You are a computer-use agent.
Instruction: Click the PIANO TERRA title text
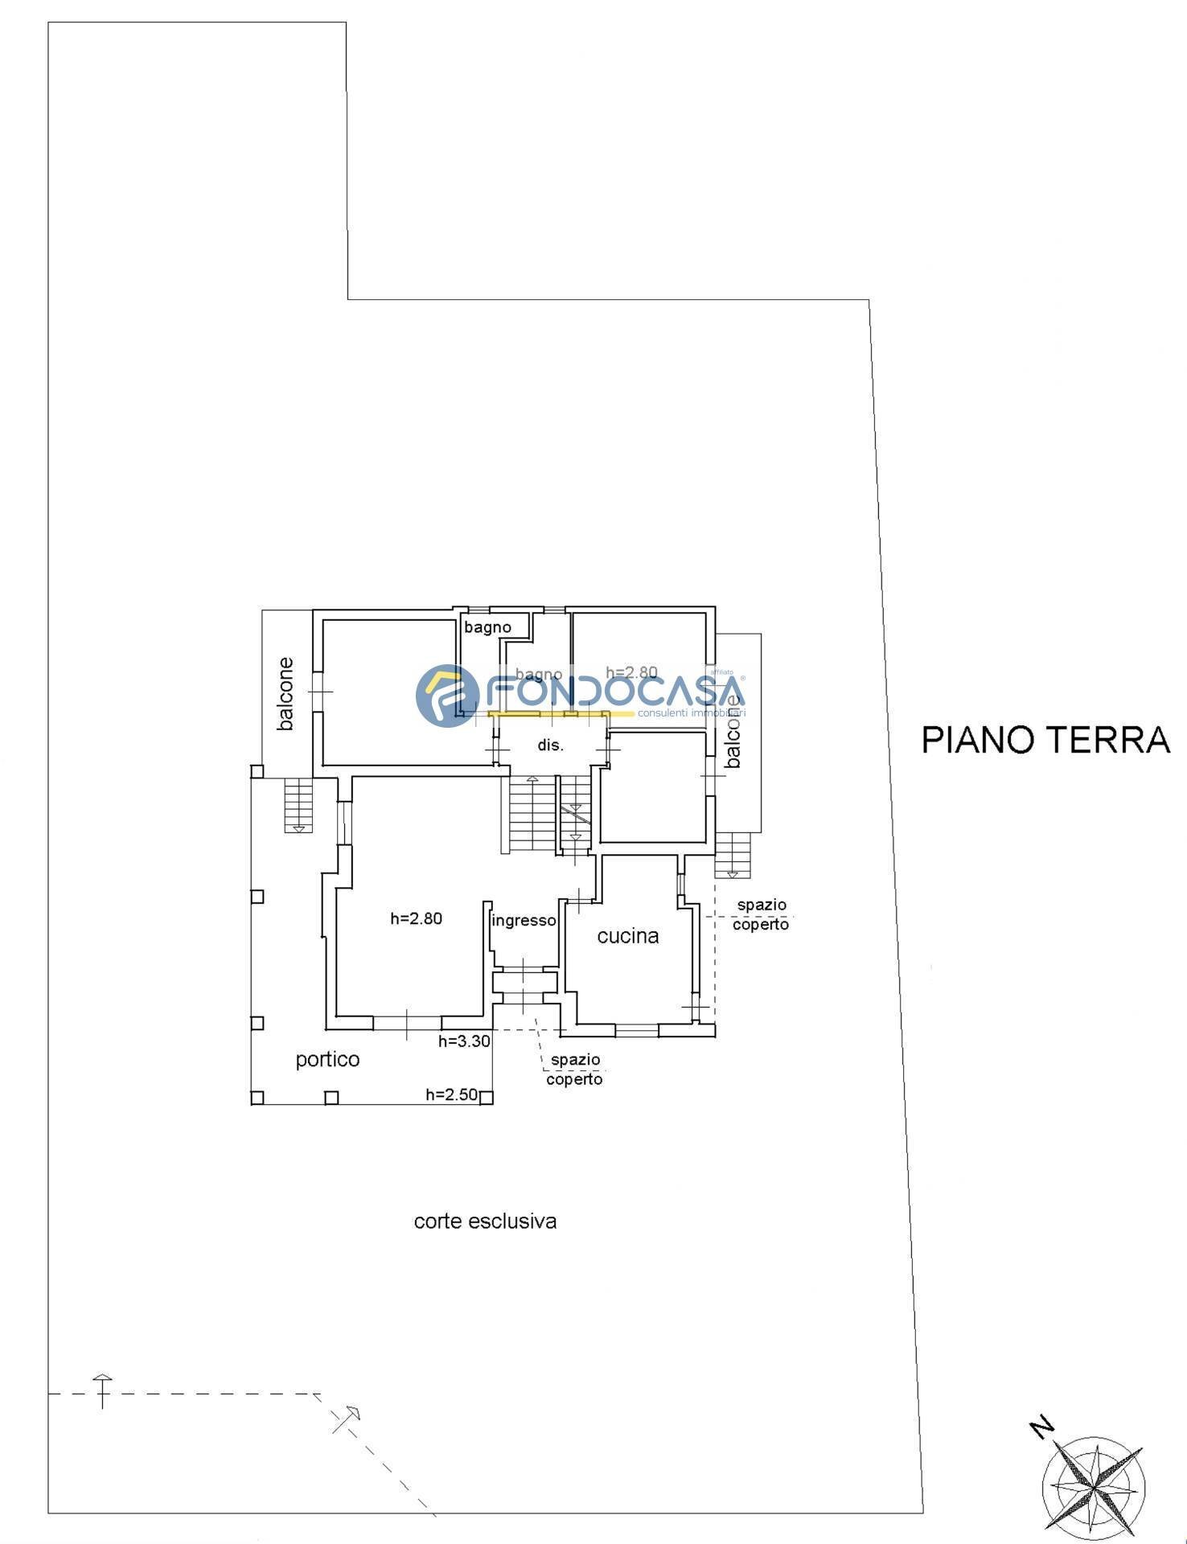pyautogui.click(x=1045, y=740)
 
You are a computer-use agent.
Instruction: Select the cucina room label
pyautogui.click(x=628, y=935)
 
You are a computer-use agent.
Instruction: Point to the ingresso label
pyautogui.click(x=524, y=921)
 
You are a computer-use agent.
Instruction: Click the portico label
pyautogui.click(x=327, y=1059)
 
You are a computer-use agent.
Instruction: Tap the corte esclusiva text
pyautogui.click(x=485, y=1222)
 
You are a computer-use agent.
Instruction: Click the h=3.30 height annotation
pyautogui.click(x=464, y=1041)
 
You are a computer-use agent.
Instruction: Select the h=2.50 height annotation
pyautogui.click(x=451, y=1094)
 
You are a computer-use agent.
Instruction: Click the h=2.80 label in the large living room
pyautogui.click(x=416, y=918)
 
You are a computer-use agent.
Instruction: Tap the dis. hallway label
pyautogui.click(x=551, y=745)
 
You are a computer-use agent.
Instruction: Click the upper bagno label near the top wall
pyautogui.click(x=487, y=627)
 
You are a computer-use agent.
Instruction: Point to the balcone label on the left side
pyautogui.click(x=285, y=694)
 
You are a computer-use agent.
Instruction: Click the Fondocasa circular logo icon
pyautogui.click(x=447, y=696)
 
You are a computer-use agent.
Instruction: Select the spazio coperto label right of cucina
pyautogui.click(x=761, y=915)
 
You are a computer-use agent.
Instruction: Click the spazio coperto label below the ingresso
pyautogui.click(x=574, y=1070)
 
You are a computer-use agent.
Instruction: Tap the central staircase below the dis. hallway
pyautogui.click(x=532, y=814)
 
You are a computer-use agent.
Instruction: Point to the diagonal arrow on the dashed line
pyautogui.click(x=347, y=1420)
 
